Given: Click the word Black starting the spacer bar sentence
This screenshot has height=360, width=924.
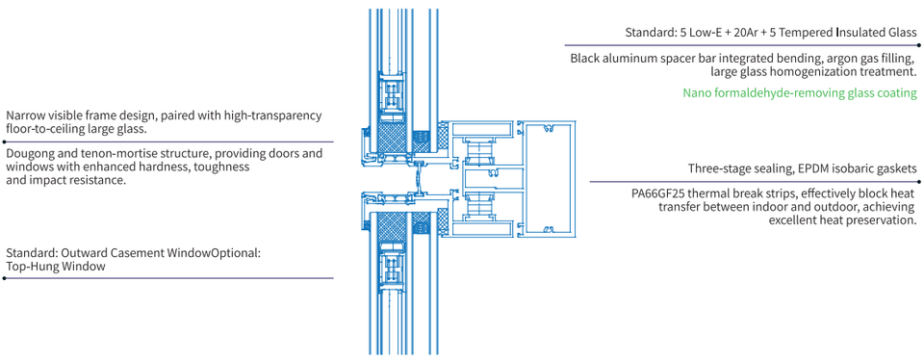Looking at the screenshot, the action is tap(584, 59).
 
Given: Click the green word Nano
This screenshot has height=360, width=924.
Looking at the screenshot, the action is tap(696, 92).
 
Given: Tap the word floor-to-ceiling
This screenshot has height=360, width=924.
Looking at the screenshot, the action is tap(44, 128).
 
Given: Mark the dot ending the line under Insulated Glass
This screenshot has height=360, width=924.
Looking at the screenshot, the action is tap(918, 45).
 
